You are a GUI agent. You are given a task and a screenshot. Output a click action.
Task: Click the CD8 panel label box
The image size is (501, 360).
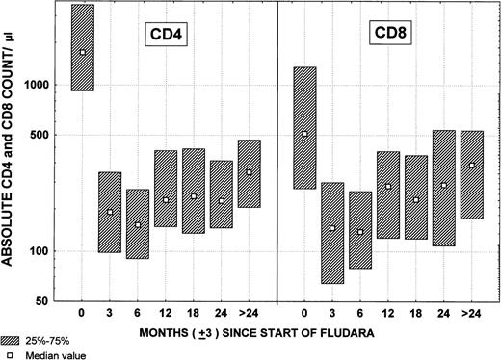coord(390,34)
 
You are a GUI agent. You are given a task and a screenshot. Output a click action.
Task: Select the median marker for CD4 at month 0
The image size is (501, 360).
coord(82,52)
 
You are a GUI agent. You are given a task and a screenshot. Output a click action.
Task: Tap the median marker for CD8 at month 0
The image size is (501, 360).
coord(305,134)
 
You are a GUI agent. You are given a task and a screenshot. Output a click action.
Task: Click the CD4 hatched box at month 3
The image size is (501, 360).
coord(110,212)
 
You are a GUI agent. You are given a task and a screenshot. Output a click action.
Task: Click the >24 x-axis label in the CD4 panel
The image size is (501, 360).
coord(250,314)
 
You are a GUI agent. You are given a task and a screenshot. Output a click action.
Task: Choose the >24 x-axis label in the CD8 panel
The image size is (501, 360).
coord(472,314)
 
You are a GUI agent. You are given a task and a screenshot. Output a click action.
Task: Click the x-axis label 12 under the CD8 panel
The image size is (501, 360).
coord(389,314)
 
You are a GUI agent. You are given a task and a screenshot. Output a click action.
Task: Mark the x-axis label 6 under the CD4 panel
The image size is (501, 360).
coord(138,314)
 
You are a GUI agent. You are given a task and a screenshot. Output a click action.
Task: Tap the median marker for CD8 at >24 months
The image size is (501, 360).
coord(472,166)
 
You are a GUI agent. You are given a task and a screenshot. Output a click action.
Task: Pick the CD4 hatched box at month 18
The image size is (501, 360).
coord(194,191)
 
